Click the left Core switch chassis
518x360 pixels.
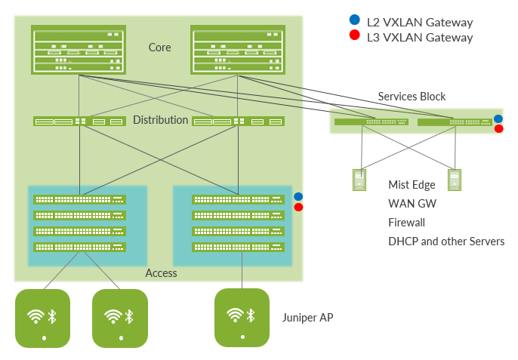coord(79,50)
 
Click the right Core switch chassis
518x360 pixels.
coord(238,50)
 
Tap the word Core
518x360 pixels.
coord(159,48)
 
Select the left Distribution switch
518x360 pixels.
coord(79,121)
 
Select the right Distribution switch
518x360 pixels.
coord(238,121)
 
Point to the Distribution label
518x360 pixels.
coord(160,120)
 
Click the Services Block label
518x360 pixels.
coord(412,97)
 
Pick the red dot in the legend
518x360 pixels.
coord(354,35)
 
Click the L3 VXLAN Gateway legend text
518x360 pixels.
coord(420,37)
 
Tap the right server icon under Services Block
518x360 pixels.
coord(454,180)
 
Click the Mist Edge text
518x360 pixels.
coord(412,184)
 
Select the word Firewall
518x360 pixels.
coord(406,223)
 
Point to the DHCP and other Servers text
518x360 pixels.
coord(446,242)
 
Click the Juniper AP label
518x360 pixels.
coord(307,318)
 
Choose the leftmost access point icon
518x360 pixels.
coord(43,318)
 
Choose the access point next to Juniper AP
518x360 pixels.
coord(242,318)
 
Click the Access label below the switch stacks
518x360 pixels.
coord(161,272)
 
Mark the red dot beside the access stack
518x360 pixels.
coord(298,207)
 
